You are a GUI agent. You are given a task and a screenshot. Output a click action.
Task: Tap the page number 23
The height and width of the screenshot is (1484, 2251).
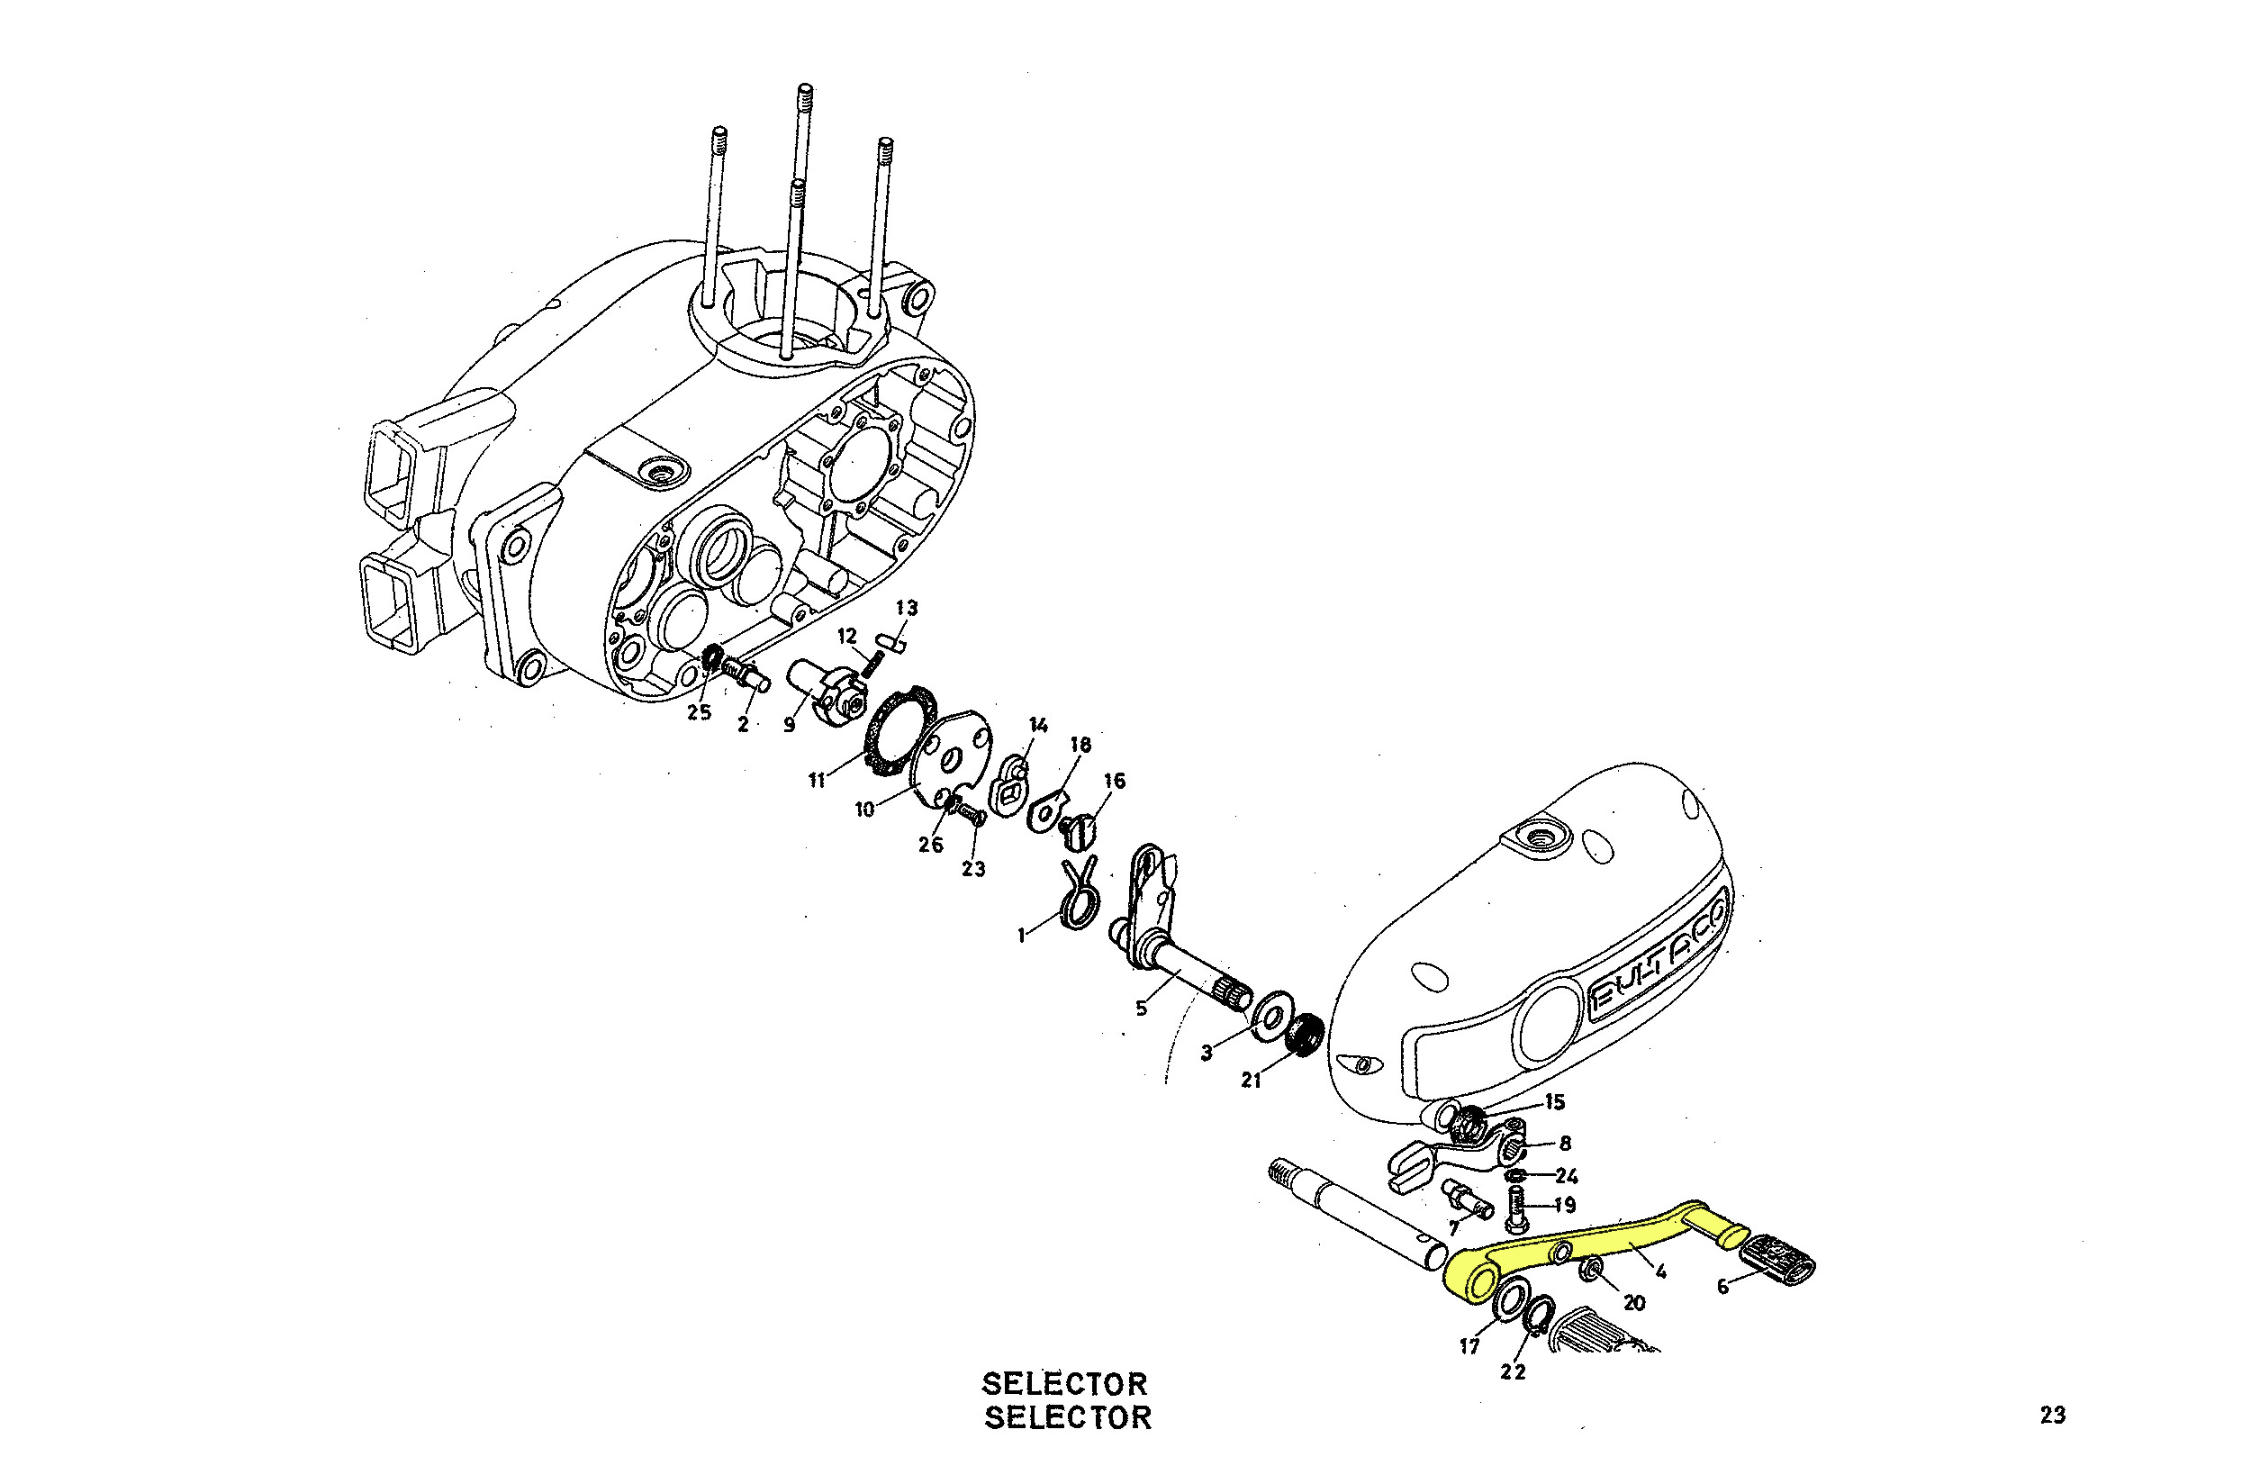click(x=2052, y=1415)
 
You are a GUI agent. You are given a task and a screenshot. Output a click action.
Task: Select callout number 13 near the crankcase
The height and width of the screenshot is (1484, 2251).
click(x=907, y=608)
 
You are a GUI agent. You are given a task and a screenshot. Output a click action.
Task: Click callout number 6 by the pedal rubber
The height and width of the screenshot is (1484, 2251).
click(x=1722, y=1287)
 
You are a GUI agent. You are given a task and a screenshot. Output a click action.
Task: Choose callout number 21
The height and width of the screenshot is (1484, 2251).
click(x=1251, y=1080)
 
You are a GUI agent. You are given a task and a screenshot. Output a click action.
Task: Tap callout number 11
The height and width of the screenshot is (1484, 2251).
click(x=817, y=780)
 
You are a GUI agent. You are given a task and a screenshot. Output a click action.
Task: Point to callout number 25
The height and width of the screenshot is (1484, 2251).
click(x=700, y=712)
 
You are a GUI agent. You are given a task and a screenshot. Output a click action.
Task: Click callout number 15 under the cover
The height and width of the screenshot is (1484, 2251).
click(x=1555, y=1101)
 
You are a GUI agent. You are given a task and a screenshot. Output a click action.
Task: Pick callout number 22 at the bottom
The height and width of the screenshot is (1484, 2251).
click(x=1512, y=1372)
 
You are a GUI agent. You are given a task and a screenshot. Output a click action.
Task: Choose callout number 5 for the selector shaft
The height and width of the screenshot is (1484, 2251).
click(x=1141, y=1009)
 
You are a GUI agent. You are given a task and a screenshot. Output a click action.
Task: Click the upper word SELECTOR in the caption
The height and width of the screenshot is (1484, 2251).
click(x=1064, y=1384)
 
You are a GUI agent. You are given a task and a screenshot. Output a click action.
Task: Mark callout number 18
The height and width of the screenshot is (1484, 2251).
click(x=1080, y=745)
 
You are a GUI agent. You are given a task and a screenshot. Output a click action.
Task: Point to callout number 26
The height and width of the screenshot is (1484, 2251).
click(x=930, y=845)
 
